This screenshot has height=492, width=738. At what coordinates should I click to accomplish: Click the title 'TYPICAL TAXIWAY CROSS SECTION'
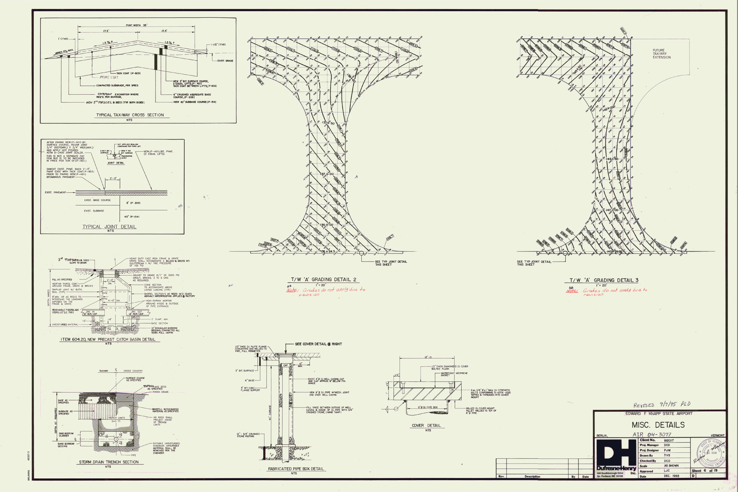[x=130, y=115]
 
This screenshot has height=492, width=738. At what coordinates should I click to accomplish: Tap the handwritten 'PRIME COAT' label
[x=109, y=77]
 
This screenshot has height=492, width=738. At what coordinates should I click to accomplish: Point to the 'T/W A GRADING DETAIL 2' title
[x=323, y=279]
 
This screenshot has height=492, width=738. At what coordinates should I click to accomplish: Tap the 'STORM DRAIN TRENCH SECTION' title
[x=109, y=462]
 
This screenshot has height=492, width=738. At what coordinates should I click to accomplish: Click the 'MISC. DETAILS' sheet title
[x=658, y=425]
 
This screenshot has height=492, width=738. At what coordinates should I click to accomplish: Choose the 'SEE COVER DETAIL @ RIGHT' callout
[x=318, y=344]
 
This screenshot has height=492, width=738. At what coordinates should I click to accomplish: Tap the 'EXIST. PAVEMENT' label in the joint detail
[x=55, y=192]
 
